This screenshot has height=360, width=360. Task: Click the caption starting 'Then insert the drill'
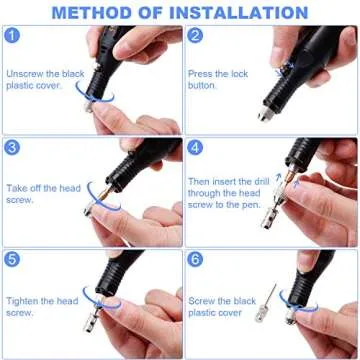coord(227,194)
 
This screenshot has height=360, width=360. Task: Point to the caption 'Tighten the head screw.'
coord(42,306)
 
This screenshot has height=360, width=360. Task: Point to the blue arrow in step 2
coord(289,61)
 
